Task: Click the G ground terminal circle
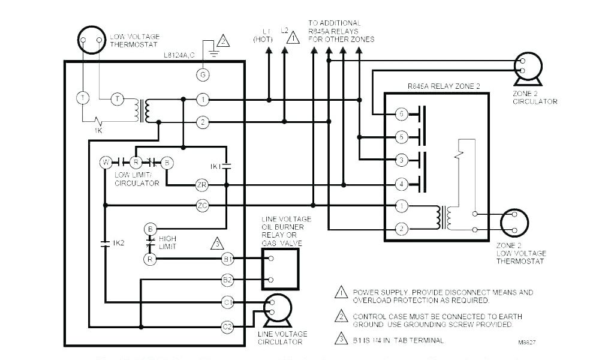click(203, 74)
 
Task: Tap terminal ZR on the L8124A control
click(202, 185)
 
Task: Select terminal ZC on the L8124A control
click(202, 205)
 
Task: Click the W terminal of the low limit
click(106, 162)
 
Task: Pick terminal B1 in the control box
click(227, 259)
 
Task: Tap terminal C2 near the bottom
click(227, 327)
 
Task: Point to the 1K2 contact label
click(119, 244)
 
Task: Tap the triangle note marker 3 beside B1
click(217, 244)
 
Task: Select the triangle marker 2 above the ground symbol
click(222, 41)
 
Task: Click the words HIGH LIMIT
click(167, 242)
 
